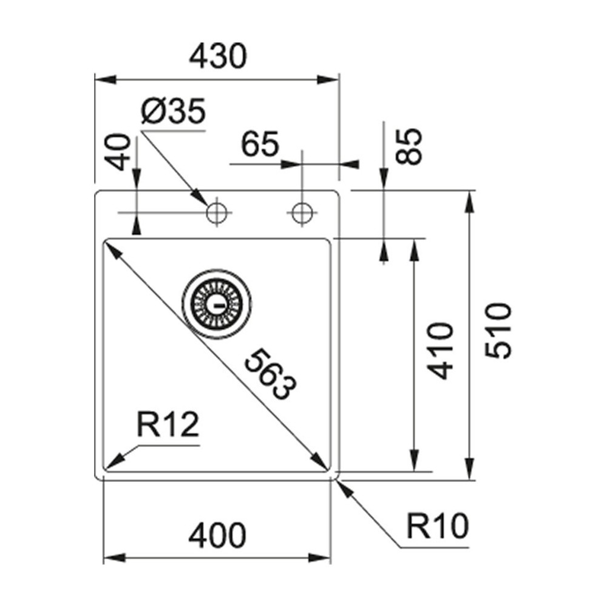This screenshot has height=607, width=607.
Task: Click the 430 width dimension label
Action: [218, 57]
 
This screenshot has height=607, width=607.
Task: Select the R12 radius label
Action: [168, 426]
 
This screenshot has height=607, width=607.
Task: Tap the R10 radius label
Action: [438, 527]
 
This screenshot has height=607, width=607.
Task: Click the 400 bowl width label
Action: [217, 535]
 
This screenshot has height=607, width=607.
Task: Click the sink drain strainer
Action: [215, 301]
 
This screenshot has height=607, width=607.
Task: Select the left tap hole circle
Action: [216, 213]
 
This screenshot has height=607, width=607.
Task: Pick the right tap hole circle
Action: [301, 213]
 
